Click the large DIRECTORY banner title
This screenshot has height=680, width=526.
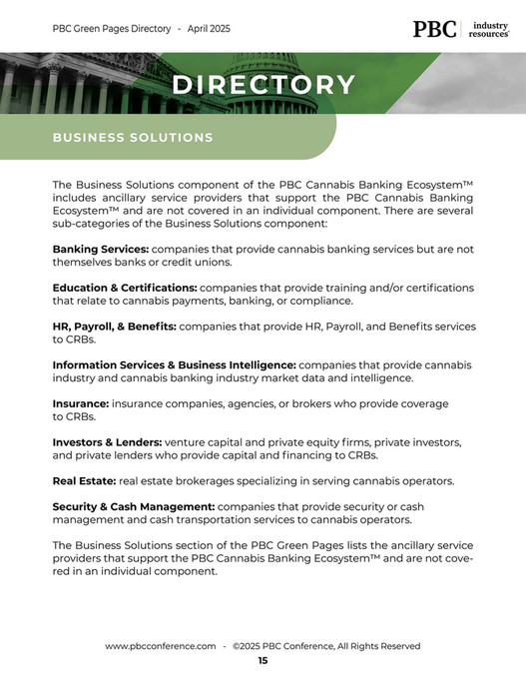[x=263, y=86]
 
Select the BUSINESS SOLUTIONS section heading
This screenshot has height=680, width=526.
[x=133, y=138]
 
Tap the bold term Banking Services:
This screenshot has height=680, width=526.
[x=100, y=249]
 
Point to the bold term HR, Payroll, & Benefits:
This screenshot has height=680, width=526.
[x=114, y=327]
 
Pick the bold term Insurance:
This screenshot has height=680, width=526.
[x=80, y=403]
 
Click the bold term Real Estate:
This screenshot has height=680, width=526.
[x=84, y=481]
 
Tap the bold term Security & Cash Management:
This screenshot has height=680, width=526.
[x=133, y=507]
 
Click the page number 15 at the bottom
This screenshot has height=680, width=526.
[x=263, y=661]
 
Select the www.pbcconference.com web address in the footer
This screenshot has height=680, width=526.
[x=161, y=646]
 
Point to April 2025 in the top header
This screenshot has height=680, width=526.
[x=208, y=29]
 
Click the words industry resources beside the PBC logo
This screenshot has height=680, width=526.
[x=489, y=29]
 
